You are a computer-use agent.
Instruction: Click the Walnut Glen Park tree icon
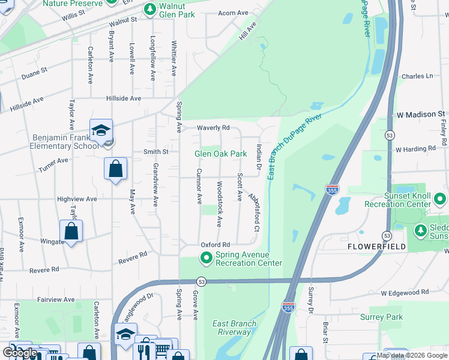(150, 8)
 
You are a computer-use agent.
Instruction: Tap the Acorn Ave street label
(234, 13)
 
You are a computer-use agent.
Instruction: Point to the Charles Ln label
(417, 76)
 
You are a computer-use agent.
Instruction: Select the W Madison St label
(420, 113)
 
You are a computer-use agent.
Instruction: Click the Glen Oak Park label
(220, 154)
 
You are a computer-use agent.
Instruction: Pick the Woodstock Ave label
(220, 204)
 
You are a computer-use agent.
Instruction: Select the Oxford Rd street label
(215, 245)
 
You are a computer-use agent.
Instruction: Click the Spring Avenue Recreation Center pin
(207, 259)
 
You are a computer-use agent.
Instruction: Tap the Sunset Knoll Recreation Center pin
(441, 198)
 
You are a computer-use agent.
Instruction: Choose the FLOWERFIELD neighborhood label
(372, 247)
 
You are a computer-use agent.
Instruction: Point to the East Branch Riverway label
(235, 328)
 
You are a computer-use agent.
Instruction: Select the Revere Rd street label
(133, 257)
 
